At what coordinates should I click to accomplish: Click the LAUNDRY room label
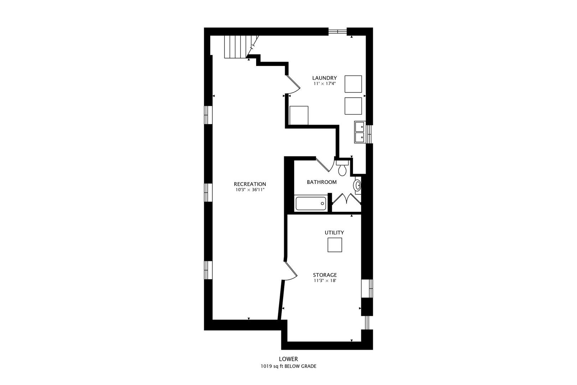324,78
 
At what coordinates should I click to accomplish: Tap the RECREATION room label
250,184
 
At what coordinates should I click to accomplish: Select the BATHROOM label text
322,182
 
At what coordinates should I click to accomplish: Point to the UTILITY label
334,232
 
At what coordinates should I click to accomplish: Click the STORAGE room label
325,275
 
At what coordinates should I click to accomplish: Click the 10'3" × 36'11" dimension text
250,190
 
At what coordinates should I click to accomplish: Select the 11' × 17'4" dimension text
324,83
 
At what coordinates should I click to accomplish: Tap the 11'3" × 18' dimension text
325,281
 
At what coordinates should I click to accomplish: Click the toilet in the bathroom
342,168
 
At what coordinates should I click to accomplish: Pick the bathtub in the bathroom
311,204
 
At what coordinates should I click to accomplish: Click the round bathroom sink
358,185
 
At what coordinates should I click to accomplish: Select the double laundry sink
360,132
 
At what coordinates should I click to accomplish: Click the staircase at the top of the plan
238,47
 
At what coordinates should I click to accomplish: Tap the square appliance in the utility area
334,245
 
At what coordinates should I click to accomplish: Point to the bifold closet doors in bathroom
347,199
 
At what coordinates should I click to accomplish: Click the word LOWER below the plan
288,359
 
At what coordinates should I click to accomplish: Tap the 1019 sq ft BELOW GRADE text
288,366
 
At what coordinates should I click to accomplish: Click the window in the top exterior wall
337,31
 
